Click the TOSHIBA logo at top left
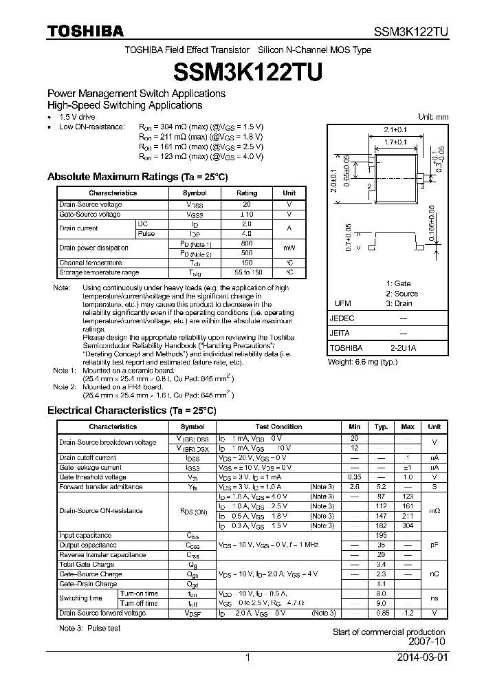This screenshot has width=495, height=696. (85, 31)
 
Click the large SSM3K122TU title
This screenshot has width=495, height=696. (247, 72)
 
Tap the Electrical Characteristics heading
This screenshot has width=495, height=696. (131, 411)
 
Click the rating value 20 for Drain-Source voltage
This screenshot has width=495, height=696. (247, 204)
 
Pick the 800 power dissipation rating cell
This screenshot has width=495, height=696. (247, 243)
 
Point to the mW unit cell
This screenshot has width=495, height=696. (289, 248)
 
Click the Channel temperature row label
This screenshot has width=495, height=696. (90, 263)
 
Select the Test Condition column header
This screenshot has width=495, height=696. (278, 427)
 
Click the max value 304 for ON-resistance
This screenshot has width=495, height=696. (408, 525)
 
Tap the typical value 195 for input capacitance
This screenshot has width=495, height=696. (382, 535)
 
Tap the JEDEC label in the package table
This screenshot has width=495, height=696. (342, 319)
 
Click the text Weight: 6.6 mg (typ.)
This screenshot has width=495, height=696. (362, 362)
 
